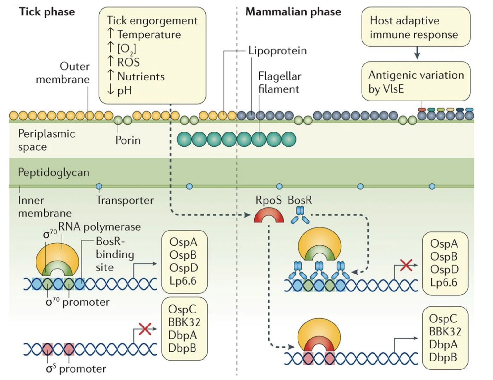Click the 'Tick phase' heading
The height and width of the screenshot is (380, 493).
[x=47, y=12]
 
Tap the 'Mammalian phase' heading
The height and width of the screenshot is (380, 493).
[x=293, y=12]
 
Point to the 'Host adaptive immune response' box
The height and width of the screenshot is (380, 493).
[x=415, y=27]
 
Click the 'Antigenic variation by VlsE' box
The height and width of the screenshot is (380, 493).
[x=415, y=81]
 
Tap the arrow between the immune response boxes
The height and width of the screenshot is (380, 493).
[x=417, y=53]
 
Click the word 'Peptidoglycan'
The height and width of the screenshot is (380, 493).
[x=54, y=172]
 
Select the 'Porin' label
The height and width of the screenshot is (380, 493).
[x=128, y=140]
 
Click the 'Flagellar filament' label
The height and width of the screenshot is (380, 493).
[x=279, y=83]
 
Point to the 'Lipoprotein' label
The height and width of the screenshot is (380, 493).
[x=277, y=51]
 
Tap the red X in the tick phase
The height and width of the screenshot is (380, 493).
[x=145, y=329]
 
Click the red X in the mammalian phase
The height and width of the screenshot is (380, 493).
[x=406, y=265]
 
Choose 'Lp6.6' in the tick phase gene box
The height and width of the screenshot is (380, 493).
[x=183, y=281]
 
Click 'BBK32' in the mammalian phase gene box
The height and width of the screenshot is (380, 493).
[x=445, y=332]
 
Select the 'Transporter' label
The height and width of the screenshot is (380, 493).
[x=125, y=200]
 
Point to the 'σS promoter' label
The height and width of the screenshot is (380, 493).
[x=76, y=369]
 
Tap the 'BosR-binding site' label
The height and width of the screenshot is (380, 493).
[x=114, y=254]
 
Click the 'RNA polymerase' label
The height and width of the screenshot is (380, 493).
[x=99, y=227]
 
